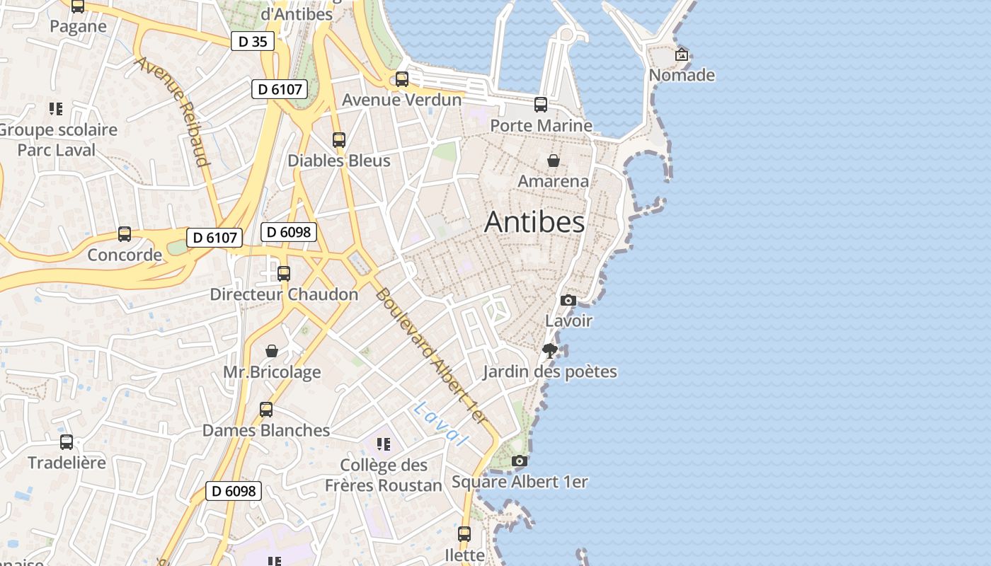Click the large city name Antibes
pyautogui.click(x=534, y=222)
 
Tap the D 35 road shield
pyautogui.click(x=253, y=42)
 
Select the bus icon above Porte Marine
pyautogui.click(x=541, y=105)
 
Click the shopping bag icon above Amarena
pyautogui.click(x=553, y=161)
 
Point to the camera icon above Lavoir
pyautogui.click(x=568, y=300)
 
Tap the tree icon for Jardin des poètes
pyautogui.click(x=549, y=350)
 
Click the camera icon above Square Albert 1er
pyautogui.click(x=519, y=461)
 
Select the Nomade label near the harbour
pyautogui.click(x=682, y=75)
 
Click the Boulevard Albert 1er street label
pyautogui.click(x=431, y=357)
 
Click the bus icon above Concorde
pyautogui.click(x=125, y=233)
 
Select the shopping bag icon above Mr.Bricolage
pyautogui.click(x=272, y=351)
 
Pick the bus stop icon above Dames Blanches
pyautogui.click(x=266, y=409)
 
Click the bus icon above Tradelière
pyautogui.click(x=67, y=442)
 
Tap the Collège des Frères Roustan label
pyautogui.click(x=383, y=475)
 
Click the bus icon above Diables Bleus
pyautogui.click(x=339, y=139)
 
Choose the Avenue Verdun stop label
pyautogui.click(x=401, y=100)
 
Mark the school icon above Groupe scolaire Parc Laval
pyautogui.click(x=56, y=109)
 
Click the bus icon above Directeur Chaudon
pyautogui.click(x=284, y=273)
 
